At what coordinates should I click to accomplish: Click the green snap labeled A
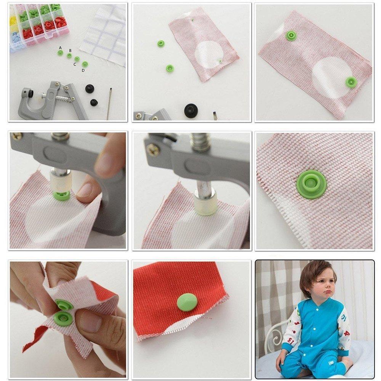point(60,53)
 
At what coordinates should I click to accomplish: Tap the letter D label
point(83,70)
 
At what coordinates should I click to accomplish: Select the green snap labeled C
point(77,59)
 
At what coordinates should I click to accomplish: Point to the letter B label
point(70,50)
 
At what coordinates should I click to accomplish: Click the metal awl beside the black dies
point(109,103)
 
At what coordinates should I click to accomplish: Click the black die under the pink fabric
point(191,110)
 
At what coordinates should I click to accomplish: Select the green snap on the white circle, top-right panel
point(351,82)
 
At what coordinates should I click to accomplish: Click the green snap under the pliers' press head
point(61,196)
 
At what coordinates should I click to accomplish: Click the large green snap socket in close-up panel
point(311,184)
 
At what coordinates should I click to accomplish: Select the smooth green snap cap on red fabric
point(187,302)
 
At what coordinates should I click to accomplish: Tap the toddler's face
point(318,282)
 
